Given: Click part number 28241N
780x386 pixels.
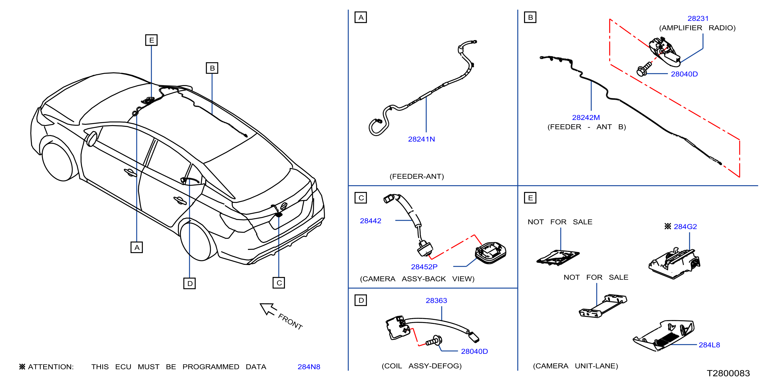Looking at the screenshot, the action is pyautogui.click(x=421, y=139).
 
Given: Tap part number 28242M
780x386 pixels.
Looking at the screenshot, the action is pyautogui.click(x=586, y=118).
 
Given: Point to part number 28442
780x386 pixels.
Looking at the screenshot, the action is pyautogui.click(x=370, y=221).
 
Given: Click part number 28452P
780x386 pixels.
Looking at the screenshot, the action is pyautogui.click(x=424, y=267).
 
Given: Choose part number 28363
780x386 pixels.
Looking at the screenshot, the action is pyautogui.click(x=436, y=301).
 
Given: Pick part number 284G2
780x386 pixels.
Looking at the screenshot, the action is pyautogui.click(x=685, y=227).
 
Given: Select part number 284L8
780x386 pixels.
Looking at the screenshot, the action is pyautogui.click(x=709, y=345).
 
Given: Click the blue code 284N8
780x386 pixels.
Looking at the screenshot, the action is pyautogui.click(x=309, y=367).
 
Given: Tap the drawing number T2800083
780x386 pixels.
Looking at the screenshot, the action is pyautogui.click(x=728, y=373).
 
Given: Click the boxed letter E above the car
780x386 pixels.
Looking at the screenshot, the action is pyautogui.click(x=151, y=40).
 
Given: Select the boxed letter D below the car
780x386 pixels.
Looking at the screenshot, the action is pyautogui.click(x=190, y=283).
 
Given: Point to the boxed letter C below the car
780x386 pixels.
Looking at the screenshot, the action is pyautogui.click(x=279, y=283).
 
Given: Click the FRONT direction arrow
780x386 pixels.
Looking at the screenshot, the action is pyautogui.click(x=268, y=309).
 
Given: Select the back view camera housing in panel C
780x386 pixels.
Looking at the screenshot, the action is pyautogui.click(x=490, y=253).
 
